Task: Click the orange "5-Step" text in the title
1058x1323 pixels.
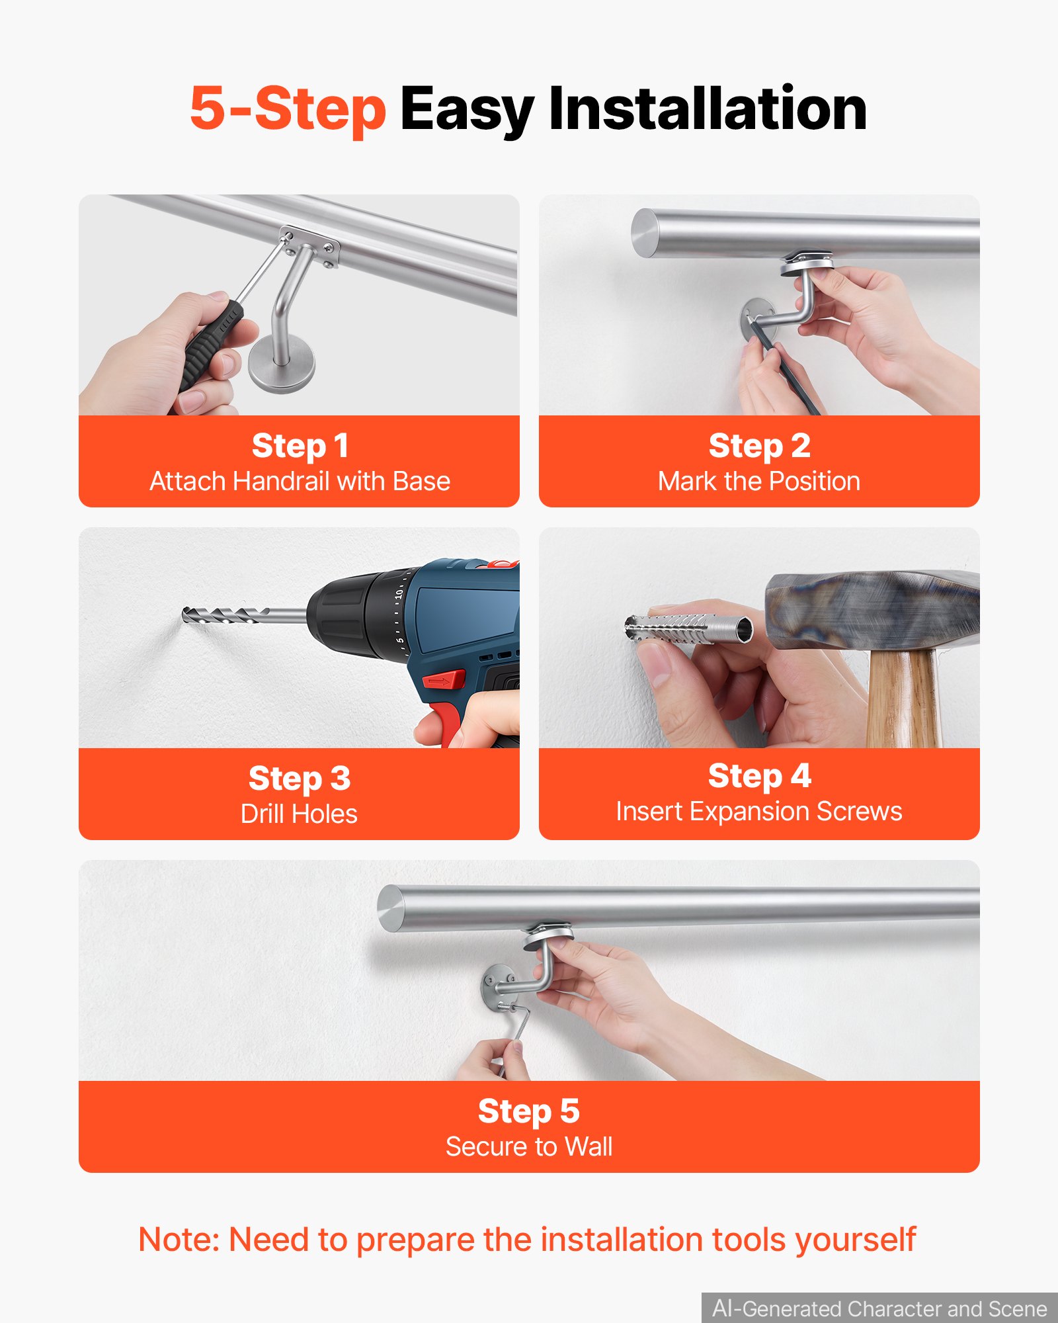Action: click(288, 109)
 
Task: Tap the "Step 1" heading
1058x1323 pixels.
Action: click(300, 446)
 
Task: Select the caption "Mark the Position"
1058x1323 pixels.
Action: click(759, 482)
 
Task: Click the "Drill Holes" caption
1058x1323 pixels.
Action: click(299, 814)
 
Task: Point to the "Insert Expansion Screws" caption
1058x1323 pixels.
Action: click(759, 811)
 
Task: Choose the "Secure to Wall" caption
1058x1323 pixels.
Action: click(529, 1146)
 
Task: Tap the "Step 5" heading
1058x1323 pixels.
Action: click(529, 1111)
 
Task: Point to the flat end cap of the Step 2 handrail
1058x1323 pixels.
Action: click(643, 234)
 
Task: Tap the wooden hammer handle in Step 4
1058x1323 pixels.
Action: click(903, 699)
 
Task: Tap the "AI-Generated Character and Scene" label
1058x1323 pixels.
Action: click(879, 1308)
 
